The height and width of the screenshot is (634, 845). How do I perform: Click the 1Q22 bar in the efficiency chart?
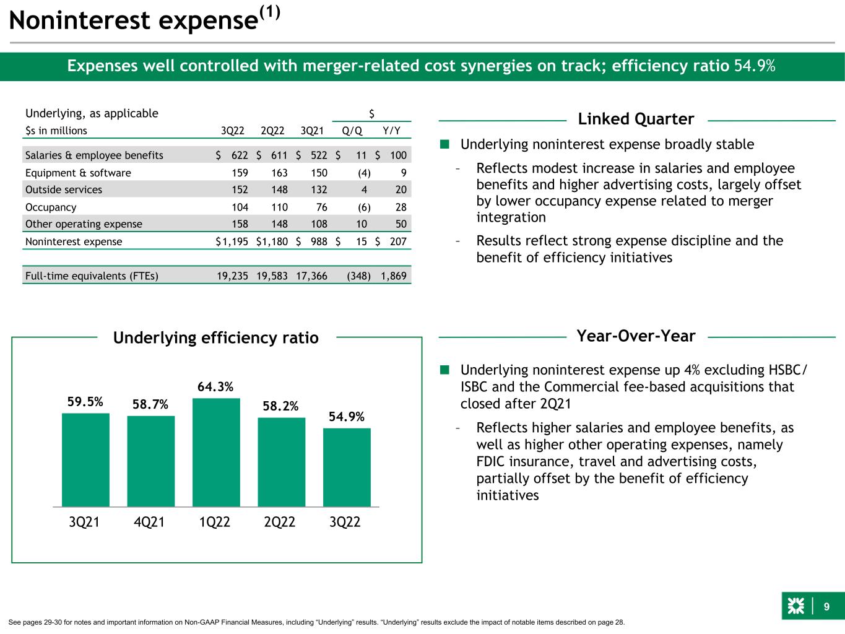point(216,452)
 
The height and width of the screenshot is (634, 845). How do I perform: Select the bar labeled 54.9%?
point(347,467)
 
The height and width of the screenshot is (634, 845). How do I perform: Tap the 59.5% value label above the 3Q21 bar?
point(85,402)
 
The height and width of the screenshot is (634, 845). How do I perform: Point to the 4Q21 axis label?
point(150,522)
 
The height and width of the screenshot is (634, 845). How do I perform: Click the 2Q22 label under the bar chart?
point(280,522)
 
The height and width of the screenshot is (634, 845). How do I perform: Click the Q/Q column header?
point(352,131)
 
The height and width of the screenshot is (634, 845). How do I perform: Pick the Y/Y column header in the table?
point(391,131)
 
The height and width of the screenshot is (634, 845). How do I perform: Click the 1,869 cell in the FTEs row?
point(394,276)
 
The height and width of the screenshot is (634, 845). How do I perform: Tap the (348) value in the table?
point(359,276)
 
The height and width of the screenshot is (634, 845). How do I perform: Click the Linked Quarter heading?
point(636,119)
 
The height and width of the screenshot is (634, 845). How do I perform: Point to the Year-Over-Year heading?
point(636,336)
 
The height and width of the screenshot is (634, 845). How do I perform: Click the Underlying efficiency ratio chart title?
point(216,338)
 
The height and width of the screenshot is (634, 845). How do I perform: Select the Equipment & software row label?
point(78,173)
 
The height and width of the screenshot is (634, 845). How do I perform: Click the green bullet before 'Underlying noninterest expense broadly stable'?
point(444,145)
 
